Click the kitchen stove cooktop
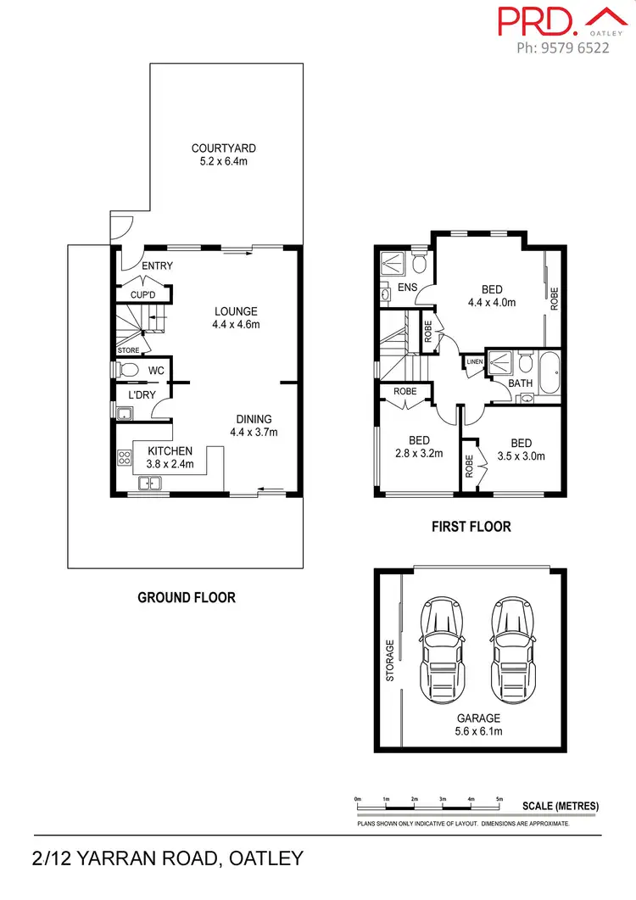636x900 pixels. point(124,458)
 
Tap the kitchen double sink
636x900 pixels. point(150,484)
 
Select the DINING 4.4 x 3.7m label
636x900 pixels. point(254,425)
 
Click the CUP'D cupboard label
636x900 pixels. point(143,294)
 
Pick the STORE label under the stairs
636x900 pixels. point(128,349)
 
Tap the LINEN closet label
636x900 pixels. point(473,363)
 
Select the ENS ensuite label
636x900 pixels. point(407,288)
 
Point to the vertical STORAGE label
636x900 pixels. point(391,660)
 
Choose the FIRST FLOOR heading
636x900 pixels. point(471,527)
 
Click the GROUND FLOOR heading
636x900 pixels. point(187,597)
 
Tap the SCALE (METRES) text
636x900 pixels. point(561,806)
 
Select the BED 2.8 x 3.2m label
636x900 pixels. point(419,447)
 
